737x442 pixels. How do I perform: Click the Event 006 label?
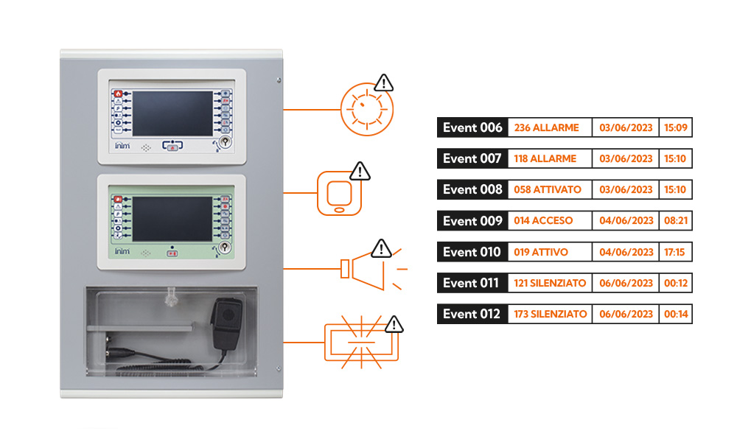472,128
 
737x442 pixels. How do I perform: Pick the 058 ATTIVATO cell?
548,189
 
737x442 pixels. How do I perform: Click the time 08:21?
676,220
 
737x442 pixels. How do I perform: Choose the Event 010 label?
472,252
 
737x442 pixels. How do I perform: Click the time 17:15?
676,252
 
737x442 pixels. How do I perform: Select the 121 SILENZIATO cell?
550,283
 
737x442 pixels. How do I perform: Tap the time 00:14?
676,314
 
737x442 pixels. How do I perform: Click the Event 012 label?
472,314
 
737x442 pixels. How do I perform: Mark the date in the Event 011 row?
626,283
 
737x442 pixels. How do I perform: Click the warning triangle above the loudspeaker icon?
381,249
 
